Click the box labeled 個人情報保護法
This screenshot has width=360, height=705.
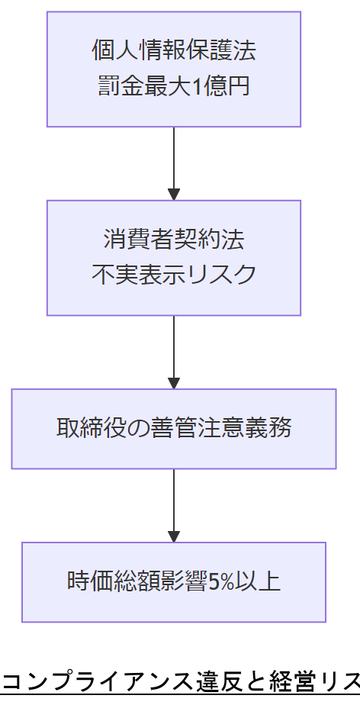coord(174,69)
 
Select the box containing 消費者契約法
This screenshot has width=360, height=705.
coord(174,257)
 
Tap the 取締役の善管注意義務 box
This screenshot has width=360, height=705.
coord(174,428)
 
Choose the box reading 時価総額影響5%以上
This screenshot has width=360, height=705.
coord(174,581)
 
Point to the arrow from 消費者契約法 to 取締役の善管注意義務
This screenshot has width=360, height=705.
coord(174,352)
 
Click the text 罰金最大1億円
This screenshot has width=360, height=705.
coord(174,86)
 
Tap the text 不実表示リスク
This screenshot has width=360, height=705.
coord(174,275)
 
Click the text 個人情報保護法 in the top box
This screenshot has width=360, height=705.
coord(174,51)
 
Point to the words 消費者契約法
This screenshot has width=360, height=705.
coord(174,240)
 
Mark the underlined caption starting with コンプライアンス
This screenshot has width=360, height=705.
coord(180,680)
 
